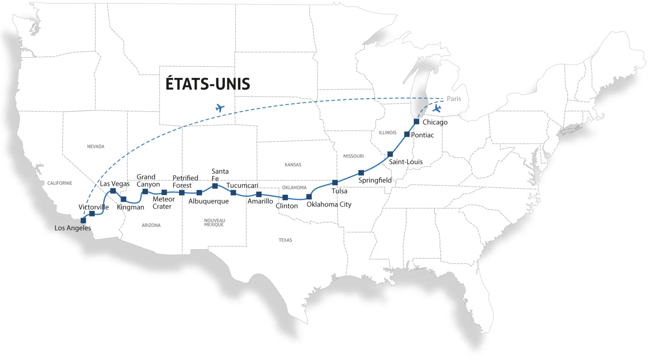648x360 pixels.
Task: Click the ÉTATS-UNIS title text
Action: coord(208,84)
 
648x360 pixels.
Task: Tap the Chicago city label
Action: coord(435,122)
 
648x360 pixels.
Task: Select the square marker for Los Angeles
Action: coord(83,221)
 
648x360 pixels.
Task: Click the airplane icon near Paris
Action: coord(437,109)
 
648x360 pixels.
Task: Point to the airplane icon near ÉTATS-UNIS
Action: coord(220,108)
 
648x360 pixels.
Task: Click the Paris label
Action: coord(454,99)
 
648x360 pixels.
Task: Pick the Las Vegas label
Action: coord(114,184)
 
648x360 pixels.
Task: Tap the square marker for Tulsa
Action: coord(335,183)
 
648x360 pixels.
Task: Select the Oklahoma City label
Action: coord(329,204)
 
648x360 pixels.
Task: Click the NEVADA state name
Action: coord(96,146)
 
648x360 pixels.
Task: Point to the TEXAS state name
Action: coord(285,240)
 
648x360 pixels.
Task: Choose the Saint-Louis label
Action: coord(406,162)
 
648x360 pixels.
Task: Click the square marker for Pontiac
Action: coord(407,134)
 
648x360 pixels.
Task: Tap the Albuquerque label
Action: coord(208,201)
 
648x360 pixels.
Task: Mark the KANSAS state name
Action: coord(293,165)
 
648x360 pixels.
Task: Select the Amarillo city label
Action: coord(260,201)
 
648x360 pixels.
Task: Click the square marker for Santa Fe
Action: coord(215,186)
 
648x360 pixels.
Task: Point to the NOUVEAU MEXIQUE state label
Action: coord(214,223)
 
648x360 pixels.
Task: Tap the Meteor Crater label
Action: coord(163,203)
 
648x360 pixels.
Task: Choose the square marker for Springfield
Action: coord(361,173)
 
